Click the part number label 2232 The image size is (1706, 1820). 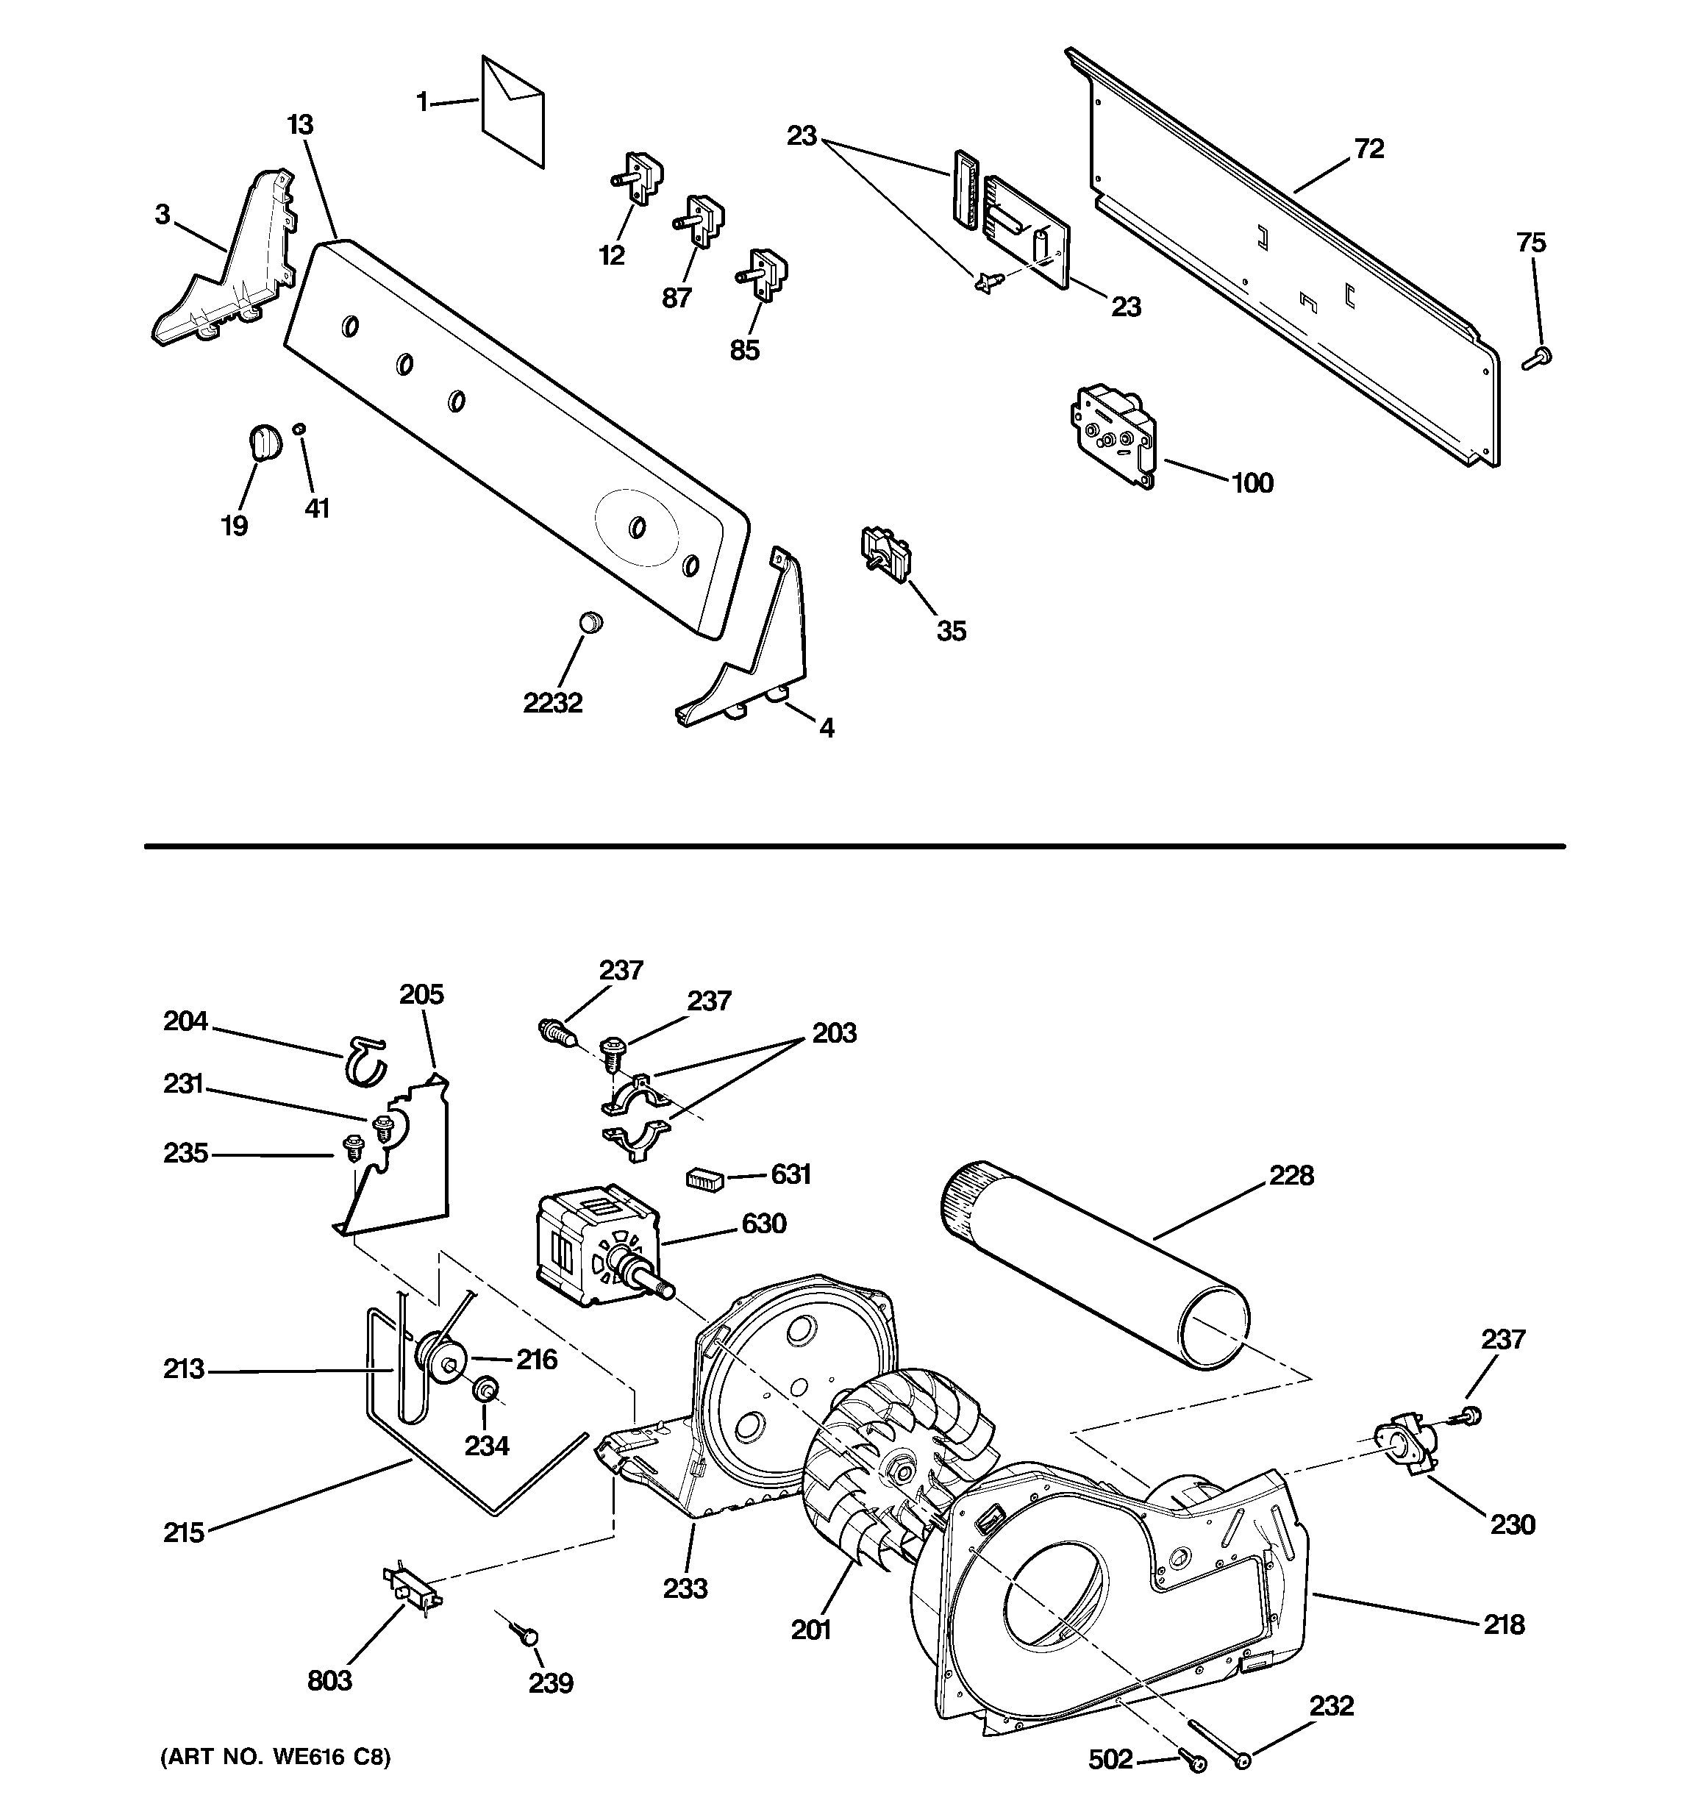click(x=552, y=702)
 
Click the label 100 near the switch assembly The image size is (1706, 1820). click(x=1252, y=482)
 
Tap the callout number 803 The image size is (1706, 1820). click(x=329, y=1680)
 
